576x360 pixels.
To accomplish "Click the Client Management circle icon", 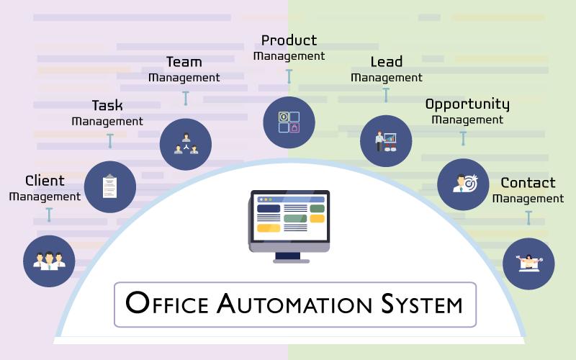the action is (x=49, y=261).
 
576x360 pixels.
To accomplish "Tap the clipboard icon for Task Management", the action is (x=110, y=186).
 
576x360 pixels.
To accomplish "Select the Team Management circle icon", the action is (x=186, y=144).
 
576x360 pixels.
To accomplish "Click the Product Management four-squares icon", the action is (x=289, y=122).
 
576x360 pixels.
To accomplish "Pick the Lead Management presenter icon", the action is (x=386, y=141).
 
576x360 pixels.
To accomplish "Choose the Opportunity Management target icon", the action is (x=465, y=183).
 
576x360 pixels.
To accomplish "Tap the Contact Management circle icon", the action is (x=528, y=264).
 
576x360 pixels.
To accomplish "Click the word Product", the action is (x=289, y=40).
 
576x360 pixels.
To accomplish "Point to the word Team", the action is (x=184, y=62).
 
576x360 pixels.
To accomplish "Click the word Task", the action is (x=107, y=106).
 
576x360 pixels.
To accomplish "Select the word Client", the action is (x=45, y=181).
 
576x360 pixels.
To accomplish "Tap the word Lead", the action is (x=387, y=62).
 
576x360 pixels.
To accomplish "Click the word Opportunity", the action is (x=467, y=104).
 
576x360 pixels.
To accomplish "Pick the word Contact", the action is (x=528, y=183).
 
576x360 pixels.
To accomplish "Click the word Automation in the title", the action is (x=294, y=304).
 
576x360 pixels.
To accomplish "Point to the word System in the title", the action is (x=422, y=304).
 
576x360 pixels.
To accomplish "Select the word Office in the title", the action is (x=167, y=302).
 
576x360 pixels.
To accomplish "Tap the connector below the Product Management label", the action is (x=289, y=76).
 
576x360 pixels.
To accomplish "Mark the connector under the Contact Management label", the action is (x=528, y=218).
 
